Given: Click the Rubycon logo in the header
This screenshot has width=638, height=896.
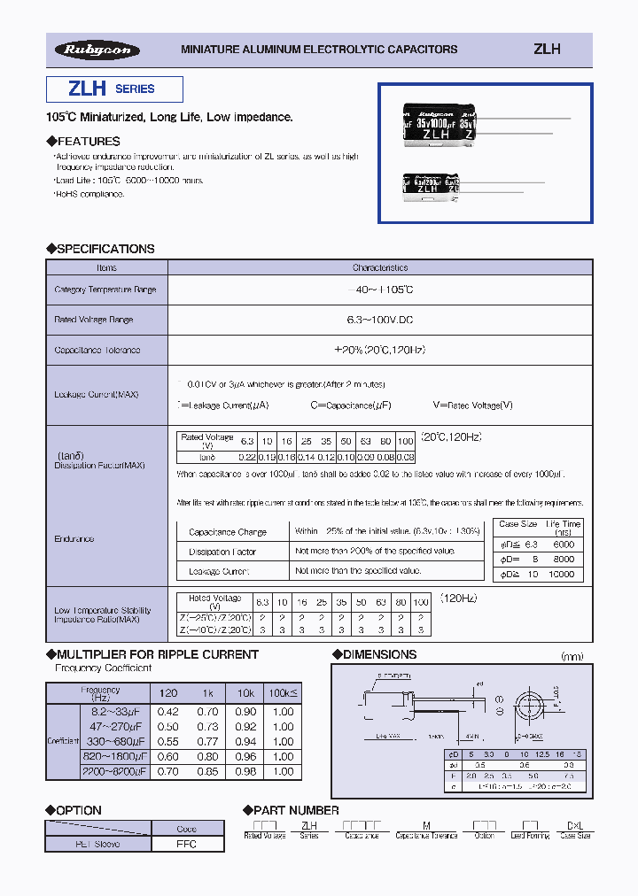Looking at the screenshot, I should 97,50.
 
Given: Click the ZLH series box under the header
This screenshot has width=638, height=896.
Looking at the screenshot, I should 114,89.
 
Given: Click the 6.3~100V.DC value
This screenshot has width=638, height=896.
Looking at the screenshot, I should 380,320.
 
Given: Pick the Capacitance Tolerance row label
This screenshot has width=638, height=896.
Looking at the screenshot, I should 97,350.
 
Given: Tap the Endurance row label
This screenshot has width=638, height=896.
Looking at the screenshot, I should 74,538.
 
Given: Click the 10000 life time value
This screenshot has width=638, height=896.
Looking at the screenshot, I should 564,574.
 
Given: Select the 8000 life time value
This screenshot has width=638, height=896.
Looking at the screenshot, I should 564,560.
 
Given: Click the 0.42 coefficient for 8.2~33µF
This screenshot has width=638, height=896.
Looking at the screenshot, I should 167,711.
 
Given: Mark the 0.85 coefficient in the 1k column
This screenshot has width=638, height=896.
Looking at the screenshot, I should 207,771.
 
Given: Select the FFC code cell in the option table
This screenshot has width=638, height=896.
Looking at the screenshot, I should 187,844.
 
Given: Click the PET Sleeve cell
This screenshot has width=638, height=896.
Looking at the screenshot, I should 98,844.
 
